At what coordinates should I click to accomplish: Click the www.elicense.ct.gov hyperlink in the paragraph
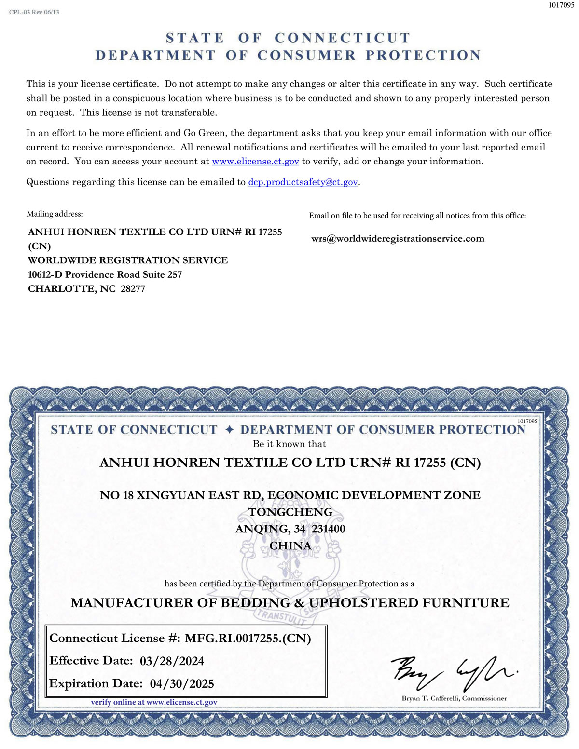255,162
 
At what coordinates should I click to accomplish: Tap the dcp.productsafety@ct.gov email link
303,182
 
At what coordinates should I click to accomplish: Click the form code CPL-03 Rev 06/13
34,12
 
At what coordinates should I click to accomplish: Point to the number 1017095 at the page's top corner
561,5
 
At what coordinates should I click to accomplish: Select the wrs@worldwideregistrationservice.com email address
398,239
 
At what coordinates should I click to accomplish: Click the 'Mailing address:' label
55,214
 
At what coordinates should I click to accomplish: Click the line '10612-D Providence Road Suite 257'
105,275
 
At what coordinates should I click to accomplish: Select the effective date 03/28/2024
172,661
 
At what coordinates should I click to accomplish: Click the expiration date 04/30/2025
182,684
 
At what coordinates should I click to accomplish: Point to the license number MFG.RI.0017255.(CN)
248,639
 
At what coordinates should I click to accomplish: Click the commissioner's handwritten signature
454,673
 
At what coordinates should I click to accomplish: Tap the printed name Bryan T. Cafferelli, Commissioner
454,698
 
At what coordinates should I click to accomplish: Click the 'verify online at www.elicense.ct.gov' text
154,702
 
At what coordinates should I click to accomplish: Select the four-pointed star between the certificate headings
229,429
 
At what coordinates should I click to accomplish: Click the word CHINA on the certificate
290,545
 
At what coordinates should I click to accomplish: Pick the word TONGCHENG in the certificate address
290,512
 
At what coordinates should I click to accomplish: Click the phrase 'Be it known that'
289,444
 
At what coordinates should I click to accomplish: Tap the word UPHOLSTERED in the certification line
364,603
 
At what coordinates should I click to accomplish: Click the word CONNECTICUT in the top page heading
342,38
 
